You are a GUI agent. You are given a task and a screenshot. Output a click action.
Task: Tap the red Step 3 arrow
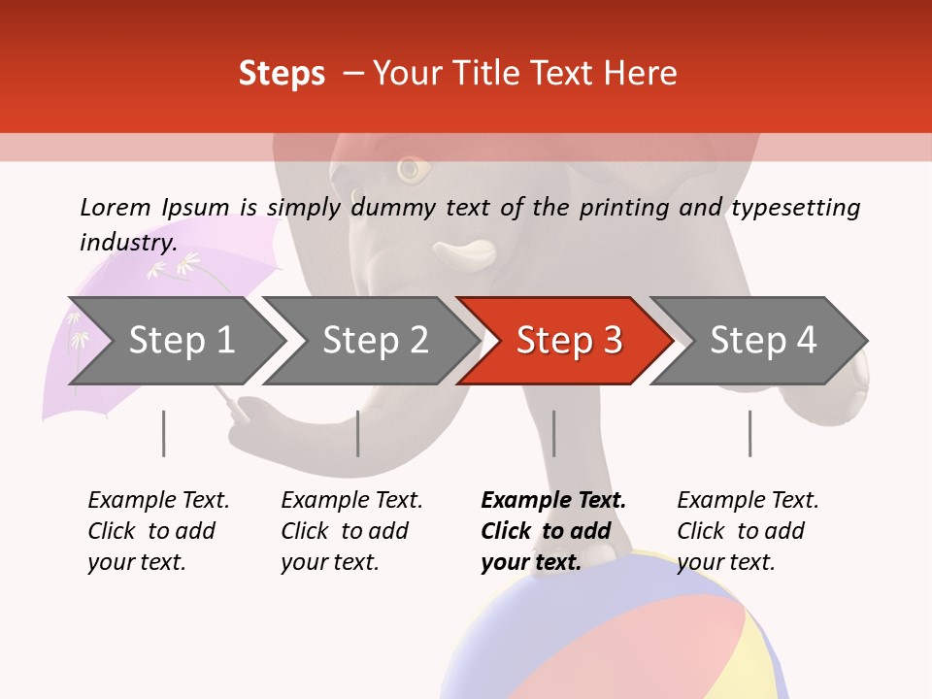click(x=568, y=341)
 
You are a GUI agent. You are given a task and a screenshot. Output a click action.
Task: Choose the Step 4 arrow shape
click(x=762, y=341)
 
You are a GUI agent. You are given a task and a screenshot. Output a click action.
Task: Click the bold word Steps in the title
click(x=282, y=74)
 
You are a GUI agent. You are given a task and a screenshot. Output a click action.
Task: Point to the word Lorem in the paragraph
click(x=116, y=207)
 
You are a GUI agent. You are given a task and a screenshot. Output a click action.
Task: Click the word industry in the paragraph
click(x=127, y=243)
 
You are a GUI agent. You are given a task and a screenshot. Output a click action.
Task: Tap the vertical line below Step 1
click(x=163, y=433)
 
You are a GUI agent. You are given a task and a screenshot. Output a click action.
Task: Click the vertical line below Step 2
click(x=358, y=433)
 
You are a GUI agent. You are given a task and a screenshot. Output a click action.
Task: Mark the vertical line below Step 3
click(x=553, y=433)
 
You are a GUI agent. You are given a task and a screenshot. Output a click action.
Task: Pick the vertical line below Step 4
click(x=749, y=433)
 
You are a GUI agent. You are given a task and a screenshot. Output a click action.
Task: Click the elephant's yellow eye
click(x=413, y=170)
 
